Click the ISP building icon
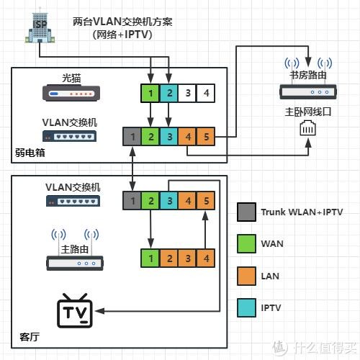(40, 27)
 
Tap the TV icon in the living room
(75, 310)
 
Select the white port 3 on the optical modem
(187, 93)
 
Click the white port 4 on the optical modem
(206, 93)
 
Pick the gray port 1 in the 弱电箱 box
(132, 137)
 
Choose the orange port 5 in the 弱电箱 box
(206, 137)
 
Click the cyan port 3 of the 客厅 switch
(169, 201)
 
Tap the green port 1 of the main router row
(150, 258)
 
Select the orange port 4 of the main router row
(206, 258)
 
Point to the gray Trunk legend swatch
(246, 212)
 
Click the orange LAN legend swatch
(246, 276)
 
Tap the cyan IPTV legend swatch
(246, 307)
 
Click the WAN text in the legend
(272, 244)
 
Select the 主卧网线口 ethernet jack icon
(308, 128)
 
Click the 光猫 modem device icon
(71, 93)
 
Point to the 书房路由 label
(308, 75)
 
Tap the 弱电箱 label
(30, 153)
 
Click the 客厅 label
(30, 337)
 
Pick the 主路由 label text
(75, 249)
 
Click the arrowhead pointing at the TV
(99, 311)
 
